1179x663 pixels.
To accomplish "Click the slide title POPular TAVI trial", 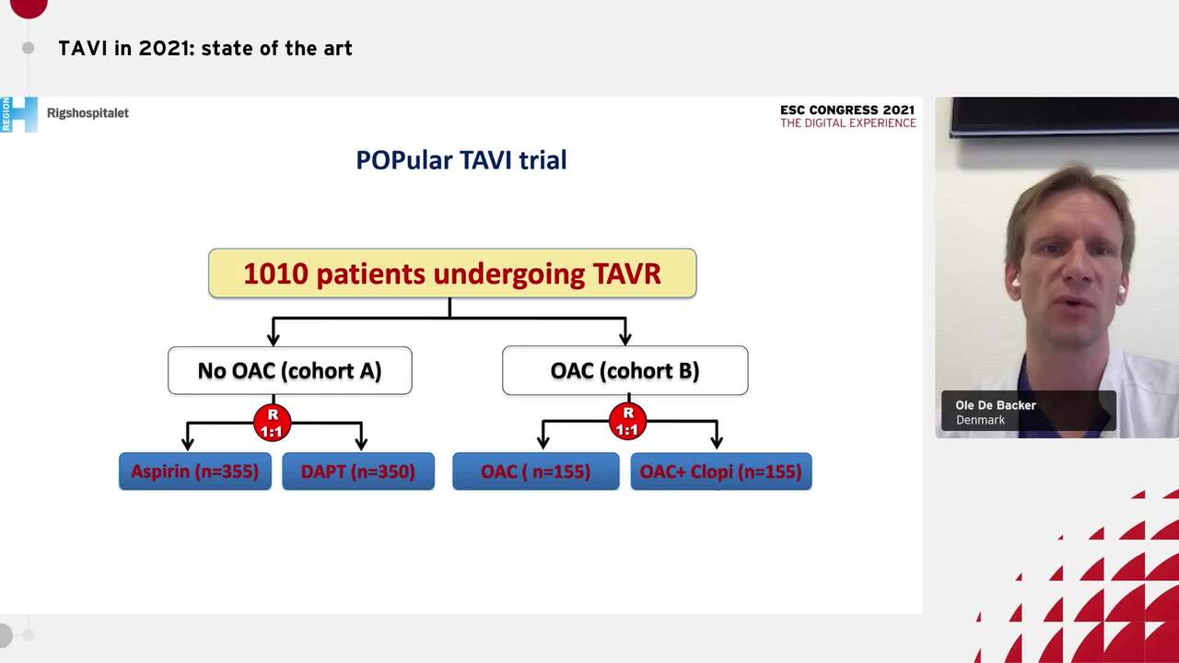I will point(461,160).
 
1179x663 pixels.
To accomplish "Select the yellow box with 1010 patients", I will point(452,273).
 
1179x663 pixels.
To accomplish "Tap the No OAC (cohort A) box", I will point(289,370).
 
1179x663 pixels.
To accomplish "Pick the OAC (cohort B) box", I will point(625,370).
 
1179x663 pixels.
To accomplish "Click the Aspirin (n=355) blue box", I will point(195,471).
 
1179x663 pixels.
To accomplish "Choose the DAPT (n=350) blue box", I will point(358,471).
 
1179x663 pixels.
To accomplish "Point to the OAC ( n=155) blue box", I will point(535,471).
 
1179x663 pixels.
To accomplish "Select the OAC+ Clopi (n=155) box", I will point(720,471).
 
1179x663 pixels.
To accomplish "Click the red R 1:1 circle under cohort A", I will point(273,423).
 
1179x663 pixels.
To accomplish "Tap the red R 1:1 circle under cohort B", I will point(627,423).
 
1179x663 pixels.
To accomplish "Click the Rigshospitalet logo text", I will point(88,113).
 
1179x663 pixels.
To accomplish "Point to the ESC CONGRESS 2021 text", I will point(847,110).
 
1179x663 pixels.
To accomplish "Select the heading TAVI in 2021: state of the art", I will point(205,48).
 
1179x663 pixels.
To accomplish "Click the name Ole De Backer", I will point(996,405).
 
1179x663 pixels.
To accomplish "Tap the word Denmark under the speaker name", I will point(980,420).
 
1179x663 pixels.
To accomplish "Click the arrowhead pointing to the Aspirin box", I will point(188,444).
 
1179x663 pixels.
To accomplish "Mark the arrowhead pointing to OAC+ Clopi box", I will point(717,444).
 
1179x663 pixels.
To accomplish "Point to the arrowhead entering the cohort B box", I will point(625,339).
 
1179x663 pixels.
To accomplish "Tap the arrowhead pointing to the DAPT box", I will point(361,444).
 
